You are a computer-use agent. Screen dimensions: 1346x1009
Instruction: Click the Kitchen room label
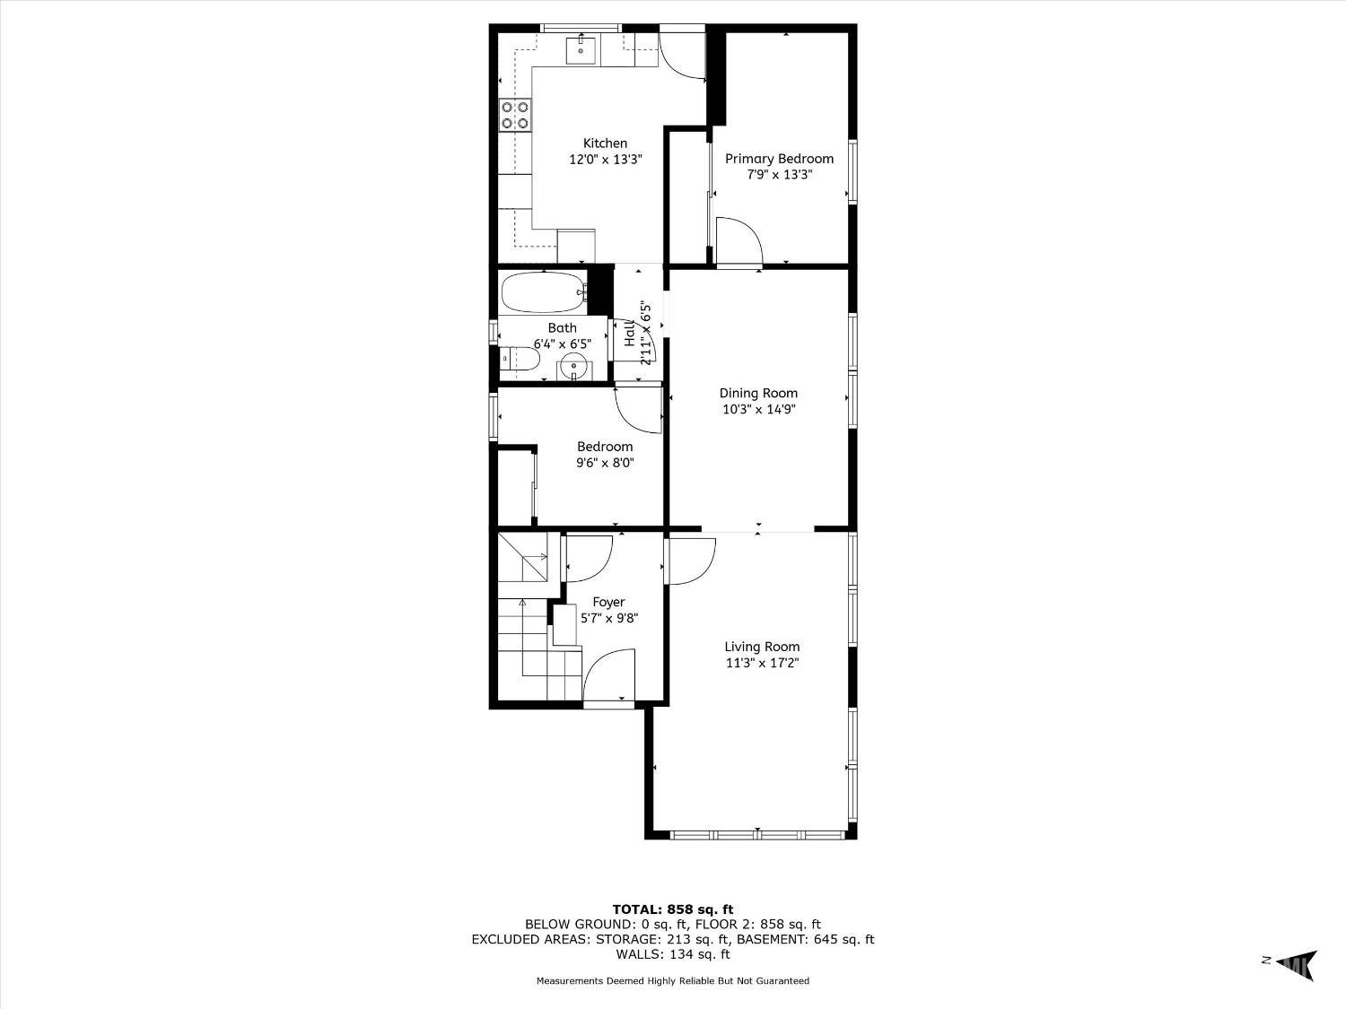[x=605, y=144]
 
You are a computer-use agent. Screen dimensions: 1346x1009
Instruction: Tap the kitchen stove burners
[x=515, y=115]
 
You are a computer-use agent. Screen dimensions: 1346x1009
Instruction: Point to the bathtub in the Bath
[x=543, y=292]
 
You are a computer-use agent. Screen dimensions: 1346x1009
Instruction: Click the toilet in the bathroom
[x=519, y=360]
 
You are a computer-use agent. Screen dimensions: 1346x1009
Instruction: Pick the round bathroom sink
[x=574, y=370]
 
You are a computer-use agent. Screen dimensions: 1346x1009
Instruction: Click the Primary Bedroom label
[x=780, y=159]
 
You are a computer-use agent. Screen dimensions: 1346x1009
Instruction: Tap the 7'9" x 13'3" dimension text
[x=780, y=175]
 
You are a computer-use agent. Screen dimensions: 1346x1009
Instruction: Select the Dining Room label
[x=758, y=394]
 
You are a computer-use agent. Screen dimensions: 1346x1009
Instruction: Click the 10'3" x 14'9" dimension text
[x=758, y=409]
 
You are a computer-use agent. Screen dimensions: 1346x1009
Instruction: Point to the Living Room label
[x=762, y=647]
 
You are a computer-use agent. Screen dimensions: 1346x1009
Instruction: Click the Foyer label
[x=608, y=602]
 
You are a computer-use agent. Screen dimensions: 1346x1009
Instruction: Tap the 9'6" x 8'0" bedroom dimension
[x=605, y=463]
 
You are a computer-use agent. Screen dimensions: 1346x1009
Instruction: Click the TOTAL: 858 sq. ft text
[x=673, y=909]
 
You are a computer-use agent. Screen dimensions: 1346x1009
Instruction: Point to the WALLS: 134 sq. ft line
[x=673, y=954]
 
